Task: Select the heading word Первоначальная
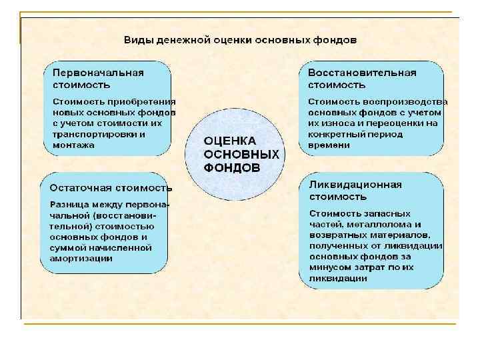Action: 98,73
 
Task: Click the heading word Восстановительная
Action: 362,73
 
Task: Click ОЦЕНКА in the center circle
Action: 229,141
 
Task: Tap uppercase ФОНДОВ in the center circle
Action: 231,167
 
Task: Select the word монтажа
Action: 73,144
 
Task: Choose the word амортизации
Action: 81,258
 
